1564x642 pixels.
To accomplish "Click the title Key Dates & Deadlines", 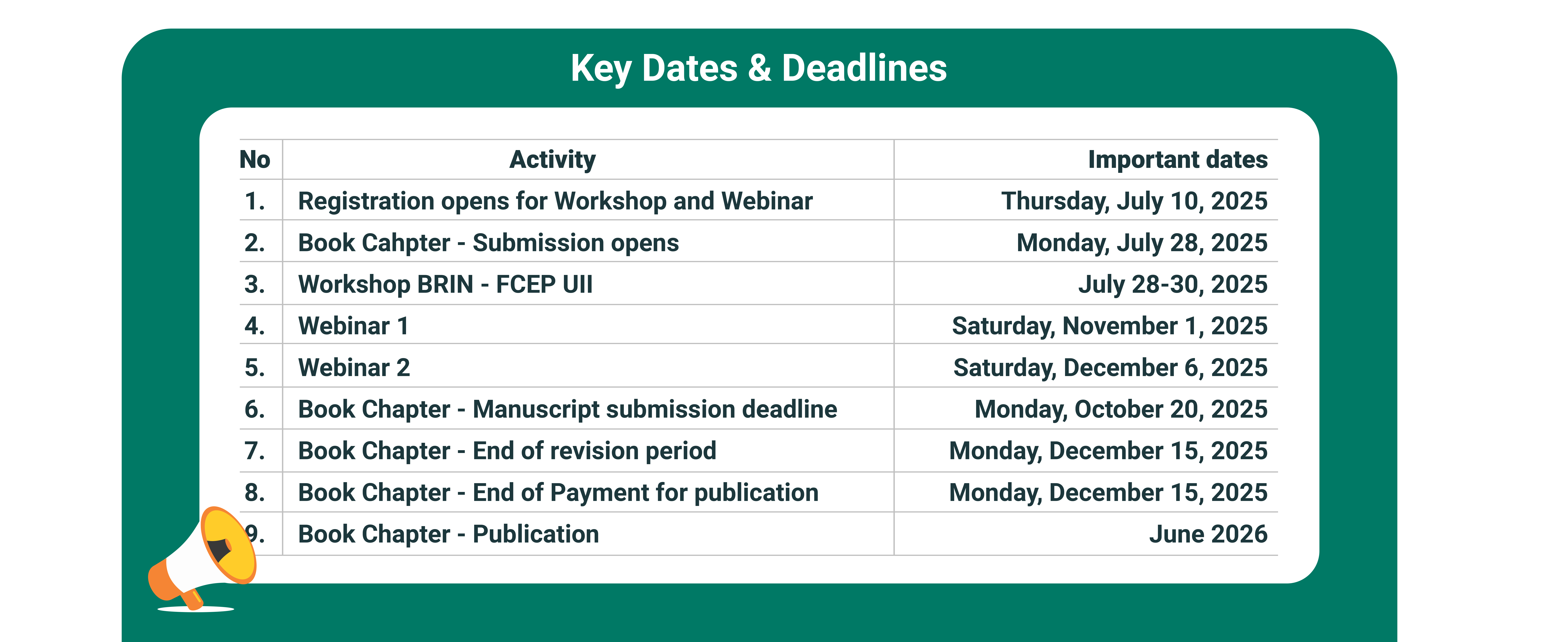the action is coord(758,68).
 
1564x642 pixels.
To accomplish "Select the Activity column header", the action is coord(553,160).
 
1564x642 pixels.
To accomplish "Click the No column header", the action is coord(255,160).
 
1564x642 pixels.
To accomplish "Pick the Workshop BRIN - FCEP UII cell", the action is coord(445,284).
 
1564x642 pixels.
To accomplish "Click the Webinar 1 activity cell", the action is coord(353,326).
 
